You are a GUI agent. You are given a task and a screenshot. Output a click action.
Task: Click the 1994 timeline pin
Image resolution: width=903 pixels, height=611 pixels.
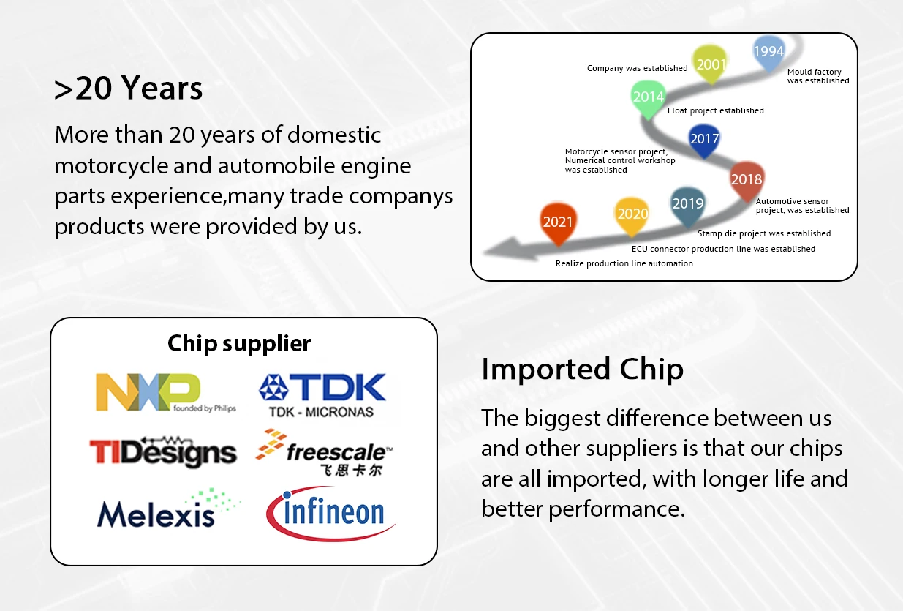(768, 53)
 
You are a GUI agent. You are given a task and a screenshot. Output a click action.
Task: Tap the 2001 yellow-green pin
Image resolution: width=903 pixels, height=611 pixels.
(710, 64)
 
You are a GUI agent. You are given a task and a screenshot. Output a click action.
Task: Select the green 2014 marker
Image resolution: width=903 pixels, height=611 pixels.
(648, 99)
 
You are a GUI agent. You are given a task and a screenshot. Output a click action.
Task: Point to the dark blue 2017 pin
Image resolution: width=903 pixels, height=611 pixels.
(704, 140)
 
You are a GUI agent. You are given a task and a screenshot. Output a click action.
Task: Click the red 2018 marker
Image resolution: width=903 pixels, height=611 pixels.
(747, 181)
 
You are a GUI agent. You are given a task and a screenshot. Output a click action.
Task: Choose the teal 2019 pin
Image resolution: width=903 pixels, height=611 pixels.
(688, 206)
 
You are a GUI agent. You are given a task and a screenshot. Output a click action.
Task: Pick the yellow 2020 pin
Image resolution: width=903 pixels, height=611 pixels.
(632, 216)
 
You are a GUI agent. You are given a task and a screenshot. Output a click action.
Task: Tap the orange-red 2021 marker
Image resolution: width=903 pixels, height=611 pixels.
(558, 223)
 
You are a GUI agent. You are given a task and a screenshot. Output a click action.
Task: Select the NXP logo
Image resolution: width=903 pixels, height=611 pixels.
(165, 392)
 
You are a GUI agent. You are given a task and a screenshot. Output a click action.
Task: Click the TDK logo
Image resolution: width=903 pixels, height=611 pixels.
(322, 395)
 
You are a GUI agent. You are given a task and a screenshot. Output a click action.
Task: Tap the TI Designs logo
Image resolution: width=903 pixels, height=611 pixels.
(163, 451)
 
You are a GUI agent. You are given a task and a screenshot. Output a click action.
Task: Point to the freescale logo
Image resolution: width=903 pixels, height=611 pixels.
(324, 452)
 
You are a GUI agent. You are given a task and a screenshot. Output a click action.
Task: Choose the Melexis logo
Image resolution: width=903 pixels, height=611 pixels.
(168, 509)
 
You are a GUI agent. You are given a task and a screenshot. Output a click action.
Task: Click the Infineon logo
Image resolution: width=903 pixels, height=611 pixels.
(330, 514)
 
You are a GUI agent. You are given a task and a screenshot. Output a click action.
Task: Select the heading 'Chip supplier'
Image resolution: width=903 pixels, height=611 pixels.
(239, 344)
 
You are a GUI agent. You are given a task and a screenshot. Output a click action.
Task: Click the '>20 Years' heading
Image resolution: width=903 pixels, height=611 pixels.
(128, 88)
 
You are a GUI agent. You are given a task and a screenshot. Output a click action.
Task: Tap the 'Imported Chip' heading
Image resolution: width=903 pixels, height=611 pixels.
(583, 370)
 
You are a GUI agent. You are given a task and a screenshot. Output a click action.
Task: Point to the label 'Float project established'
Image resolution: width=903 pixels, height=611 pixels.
(716, 110)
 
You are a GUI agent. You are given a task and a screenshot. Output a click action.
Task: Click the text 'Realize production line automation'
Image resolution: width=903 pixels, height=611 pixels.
(624, 263)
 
